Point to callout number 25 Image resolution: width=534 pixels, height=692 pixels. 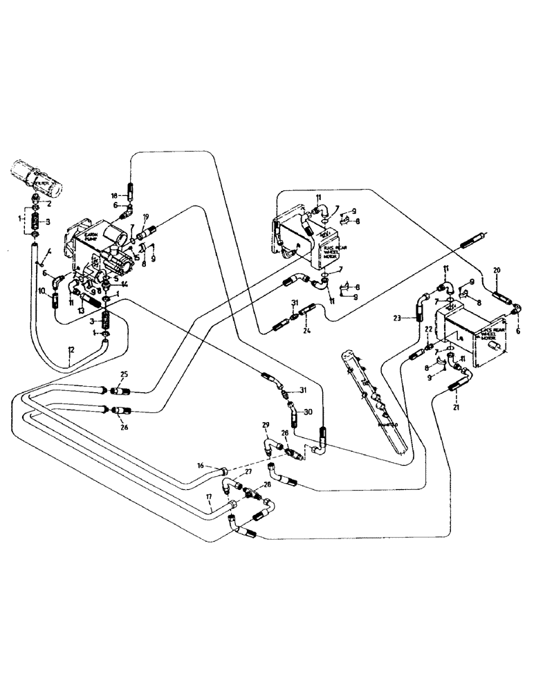124,374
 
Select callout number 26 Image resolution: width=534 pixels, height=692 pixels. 125,426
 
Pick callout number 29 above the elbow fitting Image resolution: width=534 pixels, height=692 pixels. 265,424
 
